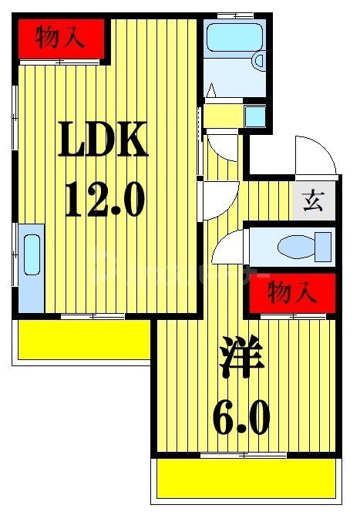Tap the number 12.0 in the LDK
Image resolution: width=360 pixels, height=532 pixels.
coord(103,198)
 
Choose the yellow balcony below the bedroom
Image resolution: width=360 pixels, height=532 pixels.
coord(247,480)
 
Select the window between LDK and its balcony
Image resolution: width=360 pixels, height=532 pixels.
coord(93,317)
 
